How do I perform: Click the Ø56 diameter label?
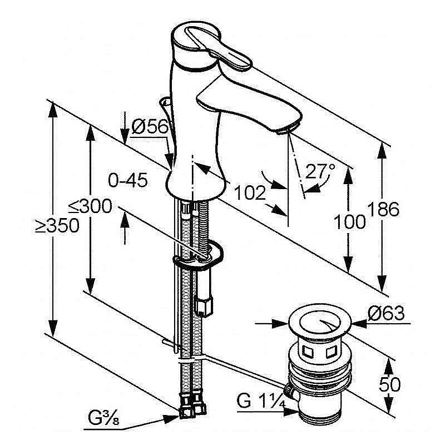pyautogui.click(x=150, y=127)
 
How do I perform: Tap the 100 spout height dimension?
pyautogui.click(x=350, y=222)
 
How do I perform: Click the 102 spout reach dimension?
pyautogui.click(x=249, y=192)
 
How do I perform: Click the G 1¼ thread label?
pyautogui.click(x=260, y=401)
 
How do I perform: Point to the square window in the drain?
pyautogui.click(x=308, y=352)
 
